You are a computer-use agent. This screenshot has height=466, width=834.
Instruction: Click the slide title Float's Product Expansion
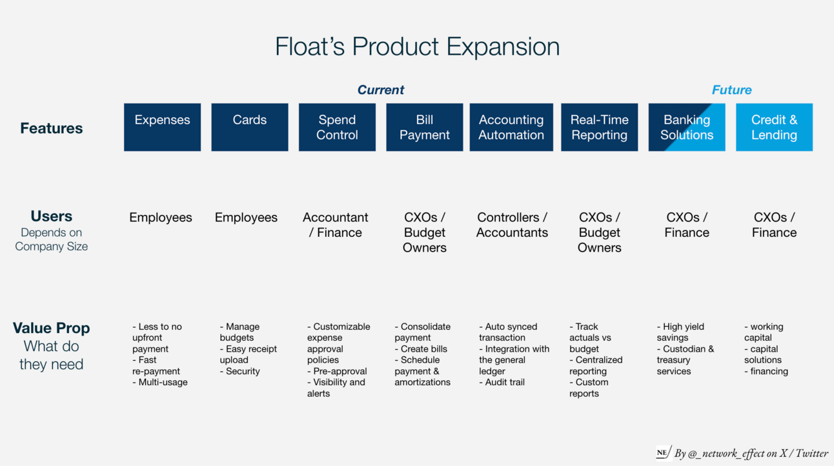tap(417, 47)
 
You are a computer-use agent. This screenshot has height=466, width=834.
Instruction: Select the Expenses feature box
tap(162, 127)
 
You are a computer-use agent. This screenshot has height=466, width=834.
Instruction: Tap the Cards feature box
tap(250, 127)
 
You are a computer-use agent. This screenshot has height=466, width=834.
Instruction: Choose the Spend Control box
tap(337, 127)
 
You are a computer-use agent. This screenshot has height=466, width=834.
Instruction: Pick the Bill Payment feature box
tap(424, 127)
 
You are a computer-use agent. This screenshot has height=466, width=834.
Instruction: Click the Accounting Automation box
tap(511, 127)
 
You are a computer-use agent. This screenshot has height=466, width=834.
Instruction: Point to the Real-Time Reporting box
tap(599, 127)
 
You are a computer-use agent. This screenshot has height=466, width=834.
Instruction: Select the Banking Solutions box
tap(687, 127)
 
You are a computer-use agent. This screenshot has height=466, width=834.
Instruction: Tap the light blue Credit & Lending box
tap(774, 127)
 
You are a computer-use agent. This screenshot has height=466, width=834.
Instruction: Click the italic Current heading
tap(381, 90)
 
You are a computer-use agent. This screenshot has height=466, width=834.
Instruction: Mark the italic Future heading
tap(731, 90)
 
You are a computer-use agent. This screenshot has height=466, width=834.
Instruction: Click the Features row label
tap(52, 128)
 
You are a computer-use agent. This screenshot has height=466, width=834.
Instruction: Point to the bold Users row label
tap(52, 216)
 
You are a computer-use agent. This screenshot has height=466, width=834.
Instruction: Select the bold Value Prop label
tap(52, 328)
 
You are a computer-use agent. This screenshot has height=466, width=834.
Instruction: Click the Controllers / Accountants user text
tap(512, 225)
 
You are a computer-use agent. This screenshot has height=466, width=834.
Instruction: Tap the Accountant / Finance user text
tap(336, 225)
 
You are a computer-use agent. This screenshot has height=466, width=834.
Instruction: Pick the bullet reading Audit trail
tap(504, 382)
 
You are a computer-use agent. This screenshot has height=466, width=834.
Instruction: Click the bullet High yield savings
tap(680, 332)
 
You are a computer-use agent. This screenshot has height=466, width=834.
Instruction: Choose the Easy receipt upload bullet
tap(248, 354)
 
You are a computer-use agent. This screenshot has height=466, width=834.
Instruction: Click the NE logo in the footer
tap(662, 452)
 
